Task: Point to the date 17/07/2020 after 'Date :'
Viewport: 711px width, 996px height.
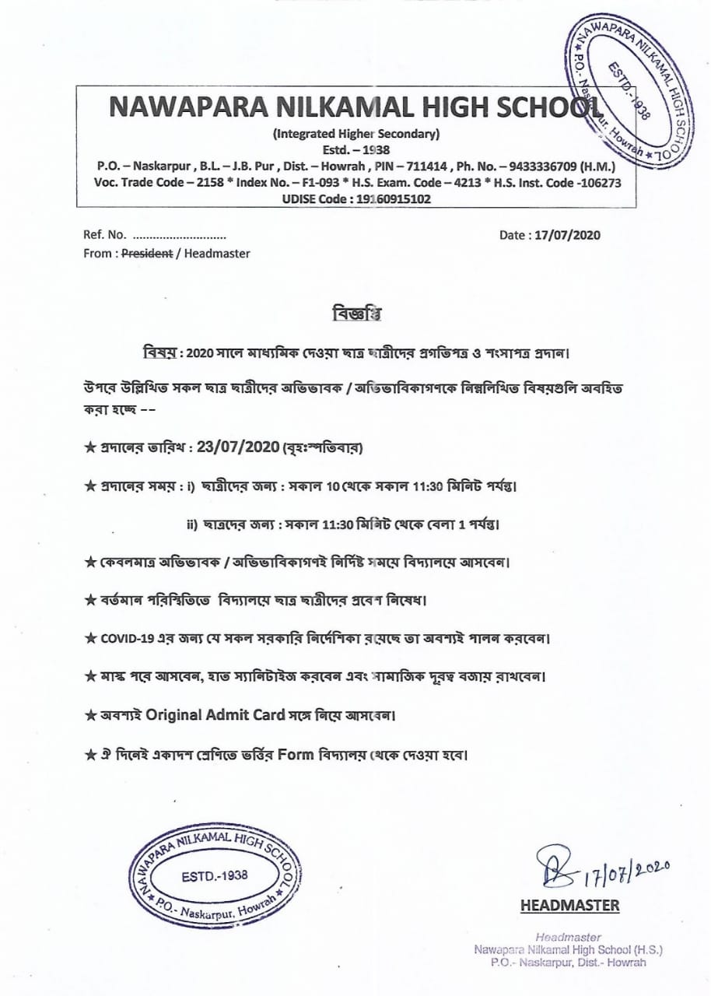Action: (567, 235)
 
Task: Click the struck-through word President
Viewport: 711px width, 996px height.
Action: (148, 253)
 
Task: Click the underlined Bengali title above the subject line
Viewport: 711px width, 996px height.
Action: (355, 314)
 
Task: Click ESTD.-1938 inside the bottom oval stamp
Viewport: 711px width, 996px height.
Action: (214, 875)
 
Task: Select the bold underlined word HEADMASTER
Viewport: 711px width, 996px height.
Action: (569, 905)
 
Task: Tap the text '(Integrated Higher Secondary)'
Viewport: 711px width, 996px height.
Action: (356, 133)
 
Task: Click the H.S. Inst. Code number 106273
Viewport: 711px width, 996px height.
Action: (597, 182)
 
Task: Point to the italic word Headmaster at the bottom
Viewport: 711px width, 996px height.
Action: (568, 937)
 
